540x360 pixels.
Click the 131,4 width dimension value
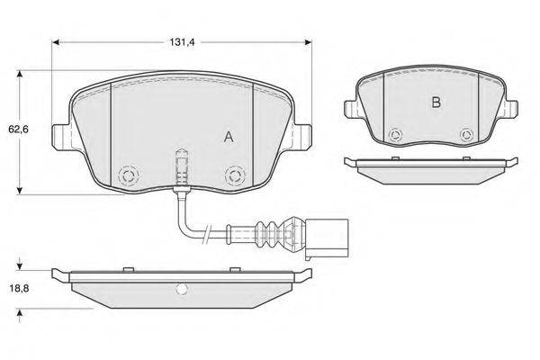click(182, 42)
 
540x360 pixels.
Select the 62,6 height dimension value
click(18, 130)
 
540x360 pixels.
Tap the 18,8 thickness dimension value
click(19, 288)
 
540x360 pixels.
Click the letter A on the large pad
click(229, 137)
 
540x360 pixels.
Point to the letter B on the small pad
click(436, 103)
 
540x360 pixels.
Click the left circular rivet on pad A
click(129, 175)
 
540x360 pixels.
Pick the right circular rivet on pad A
click(235, 175)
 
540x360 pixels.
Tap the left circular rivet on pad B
click(395, 135)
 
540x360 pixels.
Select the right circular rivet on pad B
click(467, 135)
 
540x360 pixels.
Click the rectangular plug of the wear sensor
click(328, 238)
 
